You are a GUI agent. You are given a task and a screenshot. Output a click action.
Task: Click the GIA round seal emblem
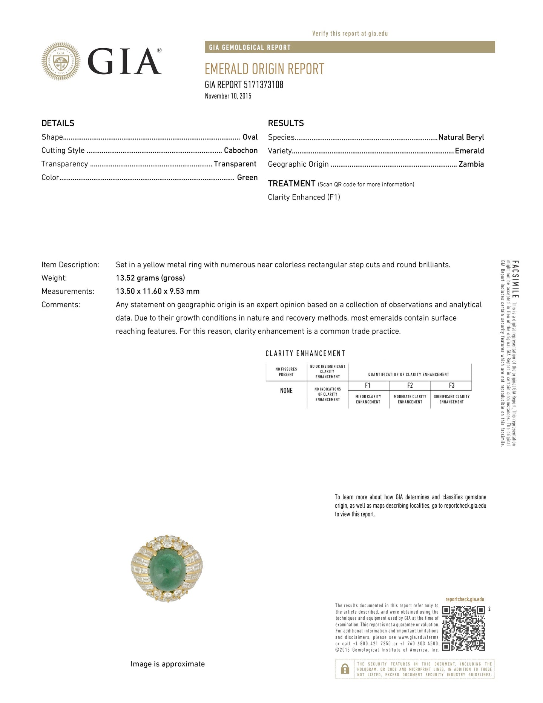[61, 61]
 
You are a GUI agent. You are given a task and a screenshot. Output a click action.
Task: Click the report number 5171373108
[261, 84]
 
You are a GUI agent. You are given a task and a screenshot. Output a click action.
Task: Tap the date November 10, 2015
[228, 96]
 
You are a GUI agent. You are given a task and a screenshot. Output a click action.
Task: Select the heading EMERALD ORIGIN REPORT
[264, 69]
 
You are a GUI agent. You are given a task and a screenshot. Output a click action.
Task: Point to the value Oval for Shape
[250, 137]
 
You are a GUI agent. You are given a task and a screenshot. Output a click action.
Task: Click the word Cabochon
[241, 150]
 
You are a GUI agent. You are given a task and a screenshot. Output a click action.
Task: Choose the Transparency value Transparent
[235, 164]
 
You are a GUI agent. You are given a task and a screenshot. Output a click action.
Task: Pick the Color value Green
[247, 177]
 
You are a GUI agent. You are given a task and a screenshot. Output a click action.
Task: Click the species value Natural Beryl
[461, 137]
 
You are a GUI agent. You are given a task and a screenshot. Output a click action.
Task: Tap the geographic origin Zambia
[471, 164]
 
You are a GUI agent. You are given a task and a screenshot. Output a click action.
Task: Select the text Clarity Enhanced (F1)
[304, 197]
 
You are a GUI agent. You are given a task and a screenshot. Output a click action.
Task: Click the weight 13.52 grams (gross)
[150, 278]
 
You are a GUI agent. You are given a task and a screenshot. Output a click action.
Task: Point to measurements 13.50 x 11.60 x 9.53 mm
[158, 291]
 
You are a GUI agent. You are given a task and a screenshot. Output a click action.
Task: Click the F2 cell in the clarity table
[410, 385]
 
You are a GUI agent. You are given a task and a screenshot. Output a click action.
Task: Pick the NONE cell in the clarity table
[286, 391]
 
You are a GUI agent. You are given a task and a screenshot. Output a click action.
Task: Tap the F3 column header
[451, 385]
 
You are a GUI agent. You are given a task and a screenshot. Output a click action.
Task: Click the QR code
[463, 628]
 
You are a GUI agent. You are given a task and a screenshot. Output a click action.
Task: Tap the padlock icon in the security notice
[345, 669]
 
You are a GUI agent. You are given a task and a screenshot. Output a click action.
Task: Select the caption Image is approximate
[167, 664]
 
